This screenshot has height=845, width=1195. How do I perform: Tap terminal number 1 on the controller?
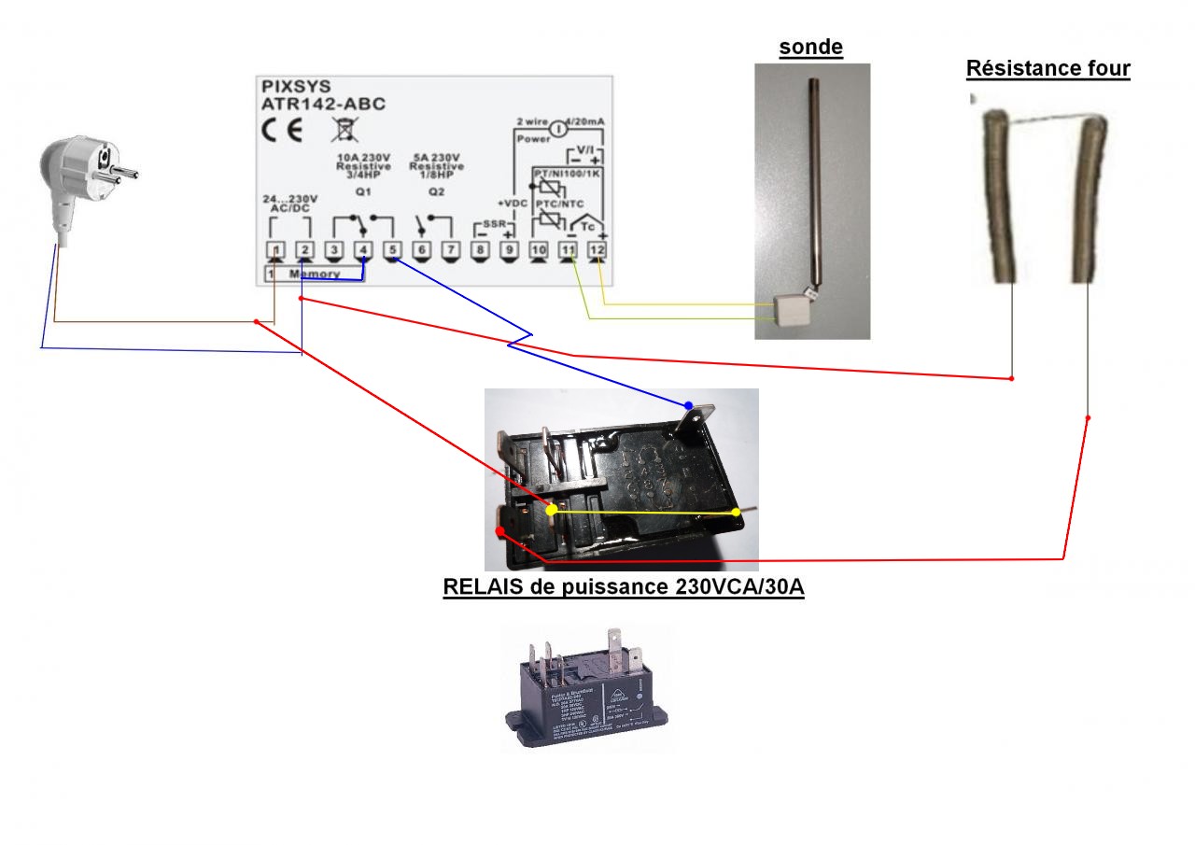[x=275, y=250]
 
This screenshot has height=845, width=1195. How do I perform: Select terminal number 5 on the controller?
[x=392, y=250]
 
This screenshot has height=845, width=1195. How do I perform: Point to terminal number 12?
[x=597, y=250]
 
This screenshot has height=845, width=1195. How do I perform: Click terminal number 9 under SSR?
[x=509, y=250]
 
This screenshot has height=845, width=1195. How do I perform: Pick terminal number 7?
[x=450, y=250]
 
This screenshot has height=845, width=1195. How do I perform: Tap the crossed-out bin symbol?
[x=342, y=129]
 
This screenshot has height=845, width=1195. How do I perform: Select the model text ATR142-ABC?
[x=323, y=104]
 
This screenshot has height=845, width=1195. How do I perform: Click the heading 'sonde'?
[x=811, y=48]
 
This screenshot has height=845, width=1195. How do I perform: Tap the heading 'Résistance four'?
[x=1047, y=69]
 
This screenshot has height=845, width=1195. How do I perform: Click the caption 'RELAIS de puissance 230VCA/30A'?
[x=623, y=587]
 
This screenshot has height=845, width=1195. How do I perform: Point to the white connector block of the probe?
[x=791, y=309]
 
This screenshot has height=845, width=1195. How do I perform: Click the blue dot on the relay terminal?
[x=689, y=405]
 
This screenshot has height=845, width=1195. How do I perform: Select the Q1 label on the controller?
[x=362, y=191]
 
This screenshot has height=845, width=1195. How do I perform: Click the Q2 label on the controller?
[x=435, y=191]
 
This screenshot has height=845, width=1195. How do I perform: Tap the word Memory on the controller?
[x=315, y=275]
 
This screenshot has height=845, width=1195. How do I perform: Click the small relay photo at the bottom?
[x=586, y=691]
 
